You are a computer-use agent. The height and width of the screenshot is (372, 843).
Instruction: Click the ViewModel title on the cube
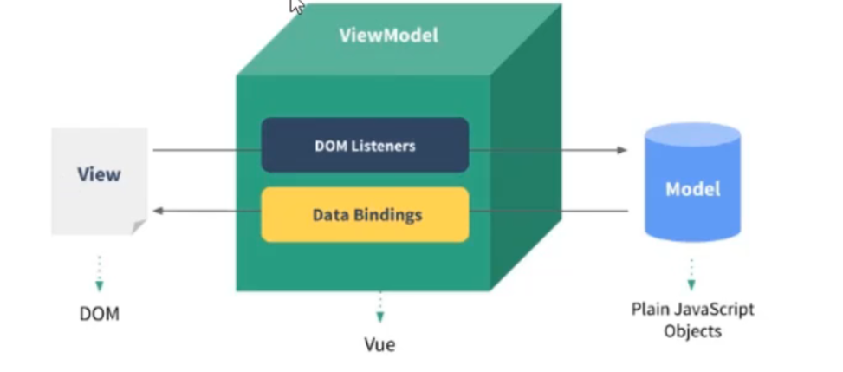pyautogui.click(x=389, y=36)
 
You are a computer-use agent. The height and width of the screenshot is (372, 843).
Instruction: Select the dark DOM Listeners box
pyautogui.click(x=365, y=145)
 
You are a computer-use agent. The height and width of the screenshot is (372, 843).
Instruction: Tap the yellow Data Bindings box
pyautogui.click(x=365, y=214)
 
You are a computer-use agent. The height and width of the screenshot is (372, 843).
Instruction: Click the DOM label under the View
pyautogui.click(x=100, y=314)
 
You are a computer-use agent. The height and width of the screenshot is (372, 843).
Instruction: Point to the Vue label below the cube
pyautogui.click(x=379, y=344)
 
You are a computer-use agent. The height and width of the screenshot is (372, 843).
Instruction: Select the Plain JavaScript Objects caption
pyautogui.click(x=692, y=319)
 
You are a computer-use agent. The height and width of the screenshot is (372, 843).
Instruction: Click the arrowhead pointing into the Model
pyautogui.click(x=621, y=150)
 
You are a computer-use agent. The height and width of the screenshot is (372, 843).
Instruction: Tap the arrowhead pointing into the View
pyautogui.click(x=157, y=211)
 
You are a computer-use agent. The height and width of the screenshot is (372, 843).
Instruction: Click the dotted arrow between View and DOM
pyautogui.click(x=100, y=273)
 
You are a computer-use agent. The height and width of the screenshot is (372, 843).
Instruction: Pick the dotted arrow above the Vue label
pyautogui.click(x=379, y=309)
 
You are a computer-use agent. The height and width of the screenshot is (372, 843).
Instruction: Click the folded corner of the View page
pyautogui.click(x=139, y=226)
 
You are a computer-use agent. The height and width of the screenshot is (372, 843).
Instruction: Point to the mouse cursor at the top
pyautogui.click(x=296, y=7)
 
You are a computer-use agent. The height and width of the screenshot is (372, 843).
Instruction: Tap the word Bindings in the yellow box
pyautogui.click(x=390, y=214)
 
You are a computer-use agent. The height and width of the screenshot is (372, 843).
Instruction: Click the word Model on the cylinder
pyautogui.click(x=692, y=188)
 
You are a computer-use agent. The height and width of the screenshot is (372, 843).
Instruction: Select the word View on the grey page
pyautogui.click(x=99, y=174)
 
